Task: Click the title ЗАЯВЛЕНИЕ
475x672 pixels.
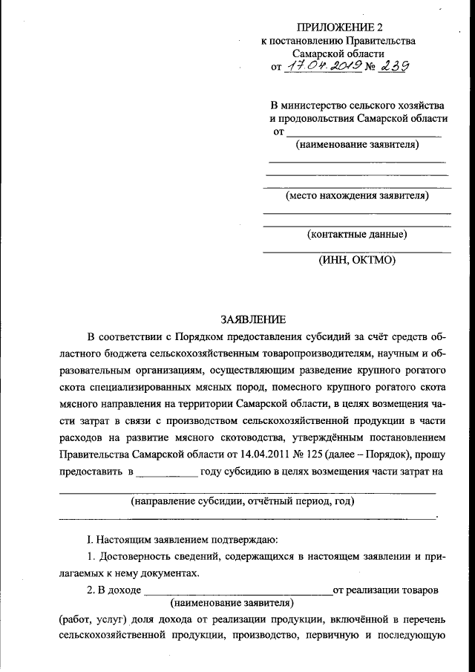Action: [253, 320]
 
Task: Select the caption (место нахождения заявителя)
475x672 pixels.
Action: [357, 196]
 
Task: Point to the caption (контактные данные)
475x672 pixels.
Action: [357, 235]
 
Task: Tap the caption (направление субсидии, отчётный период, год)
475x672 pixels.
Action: [243, 501]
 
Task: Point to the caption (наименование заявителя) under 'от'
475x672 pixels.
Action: [357, 143]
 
